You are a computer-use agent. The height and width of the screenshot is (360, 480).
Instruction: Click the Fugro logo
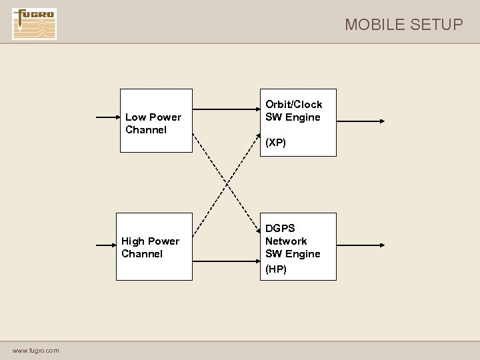[34, 24]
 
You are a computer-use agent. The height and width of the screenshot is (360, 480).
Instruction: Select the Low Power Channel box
[156, 121]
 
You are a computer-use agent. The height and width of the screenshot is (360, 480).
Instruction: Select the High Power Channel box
[154, 246]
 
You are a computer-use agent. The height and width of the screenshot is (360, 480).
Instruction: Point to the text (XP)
[275, 143]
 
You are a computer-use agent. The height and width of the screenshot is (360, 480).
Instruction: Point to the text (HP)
[276, 269]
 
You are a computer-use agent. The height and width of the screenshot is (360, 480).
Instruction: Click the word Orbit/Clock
[293, 104]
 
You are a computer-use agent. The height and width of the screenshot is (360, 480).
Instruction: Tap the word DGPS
[280, 228]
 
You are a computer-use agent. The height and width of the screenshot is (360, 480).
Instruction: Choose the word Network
[286, 241]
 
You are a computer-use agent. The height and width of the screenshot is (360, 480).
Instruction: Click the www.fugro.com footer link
[35, 351]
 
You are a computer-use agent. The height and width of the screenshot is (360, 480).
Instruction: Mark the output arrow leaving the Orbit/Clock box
[360, 121]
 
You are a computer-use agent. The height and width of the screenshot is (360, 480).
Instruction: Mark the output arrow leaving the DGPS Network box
[360, 245]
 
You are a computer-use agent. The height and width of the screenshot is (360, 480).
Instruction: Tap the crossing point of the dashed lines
[226, 183]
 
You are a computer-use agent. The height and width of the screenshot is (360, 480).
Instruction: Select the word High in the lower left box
[133, 241]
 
